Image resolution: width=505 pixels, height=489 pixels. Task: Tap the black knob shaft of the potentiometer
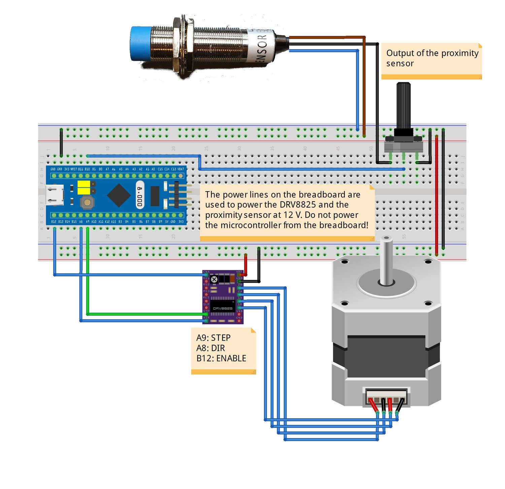pos(403,104)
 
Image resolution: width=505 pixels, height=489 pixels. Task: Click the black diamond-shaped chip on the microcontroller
pos(119,195)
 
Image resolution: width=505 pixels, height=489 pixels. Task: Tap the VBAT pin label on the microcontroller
pos(181,169)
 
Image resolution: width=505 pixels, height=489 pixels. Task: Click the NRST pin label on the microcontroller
pos(73,169)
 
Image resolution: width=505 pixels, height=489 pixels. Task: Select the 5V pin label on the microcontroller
pos(167,222)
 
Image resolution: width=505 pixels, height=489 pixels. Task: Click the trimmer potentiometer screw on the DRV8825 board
pos(214,279)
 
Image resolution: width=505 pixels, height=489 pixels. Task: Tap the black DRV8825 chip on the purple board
pos(223,307)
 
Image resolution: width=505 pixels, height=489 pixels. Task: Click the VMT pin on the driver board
pos(239,275)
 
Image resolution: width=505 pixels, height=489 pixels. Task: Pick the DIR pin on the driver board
pos(206,321)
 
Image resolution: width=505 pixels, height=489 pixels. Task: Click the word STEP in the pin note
pos(221,338)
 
